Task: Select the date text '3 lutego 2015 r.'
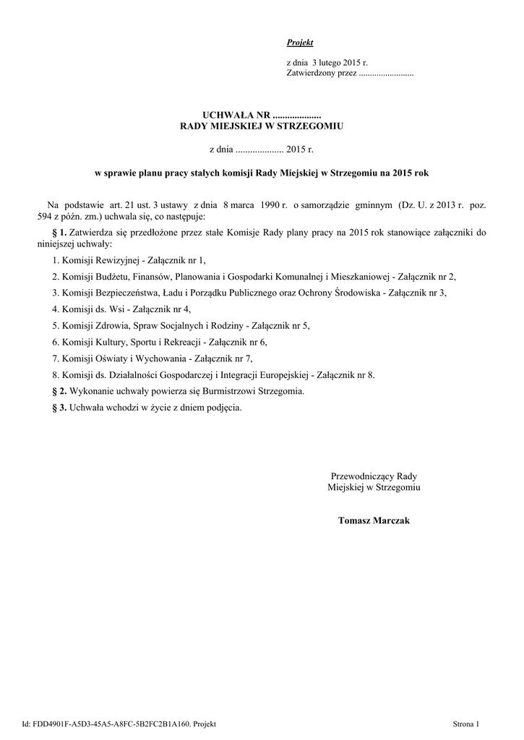tap(340, 64)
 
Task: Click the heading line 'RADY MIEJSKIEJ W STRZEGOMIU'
tap(261, 126)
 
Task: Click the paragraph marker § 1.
tap(60, 232)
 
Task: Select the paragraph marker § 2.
tap(60, 391)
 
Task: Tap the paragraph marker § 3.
tap(60, 407)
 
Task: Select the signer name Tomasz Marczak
tap(374, 520)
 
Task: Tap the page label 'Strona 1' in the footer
tap(465, 723)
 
